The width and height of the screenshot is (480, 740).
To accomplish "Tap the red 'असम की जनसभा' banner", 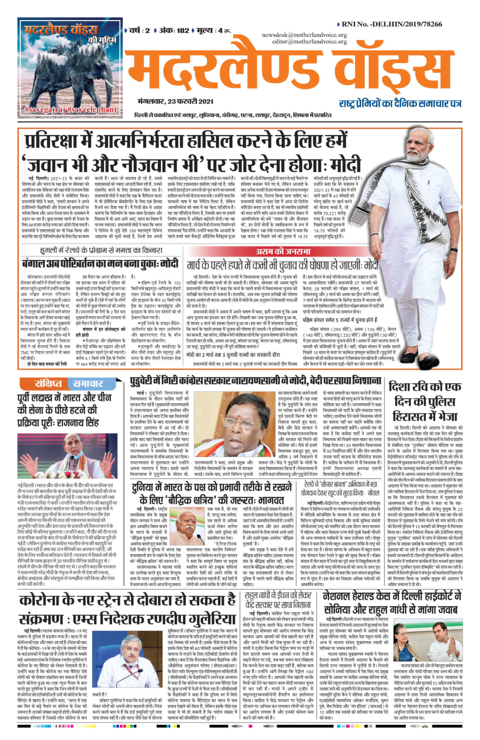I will [x=283, y=252].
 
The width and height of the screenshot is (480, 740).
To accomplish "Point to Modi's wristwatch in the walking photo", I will [x=453, y=250].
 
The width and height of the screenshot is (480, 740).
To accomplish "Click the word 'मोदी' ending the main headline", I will [x=345, y=165].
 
